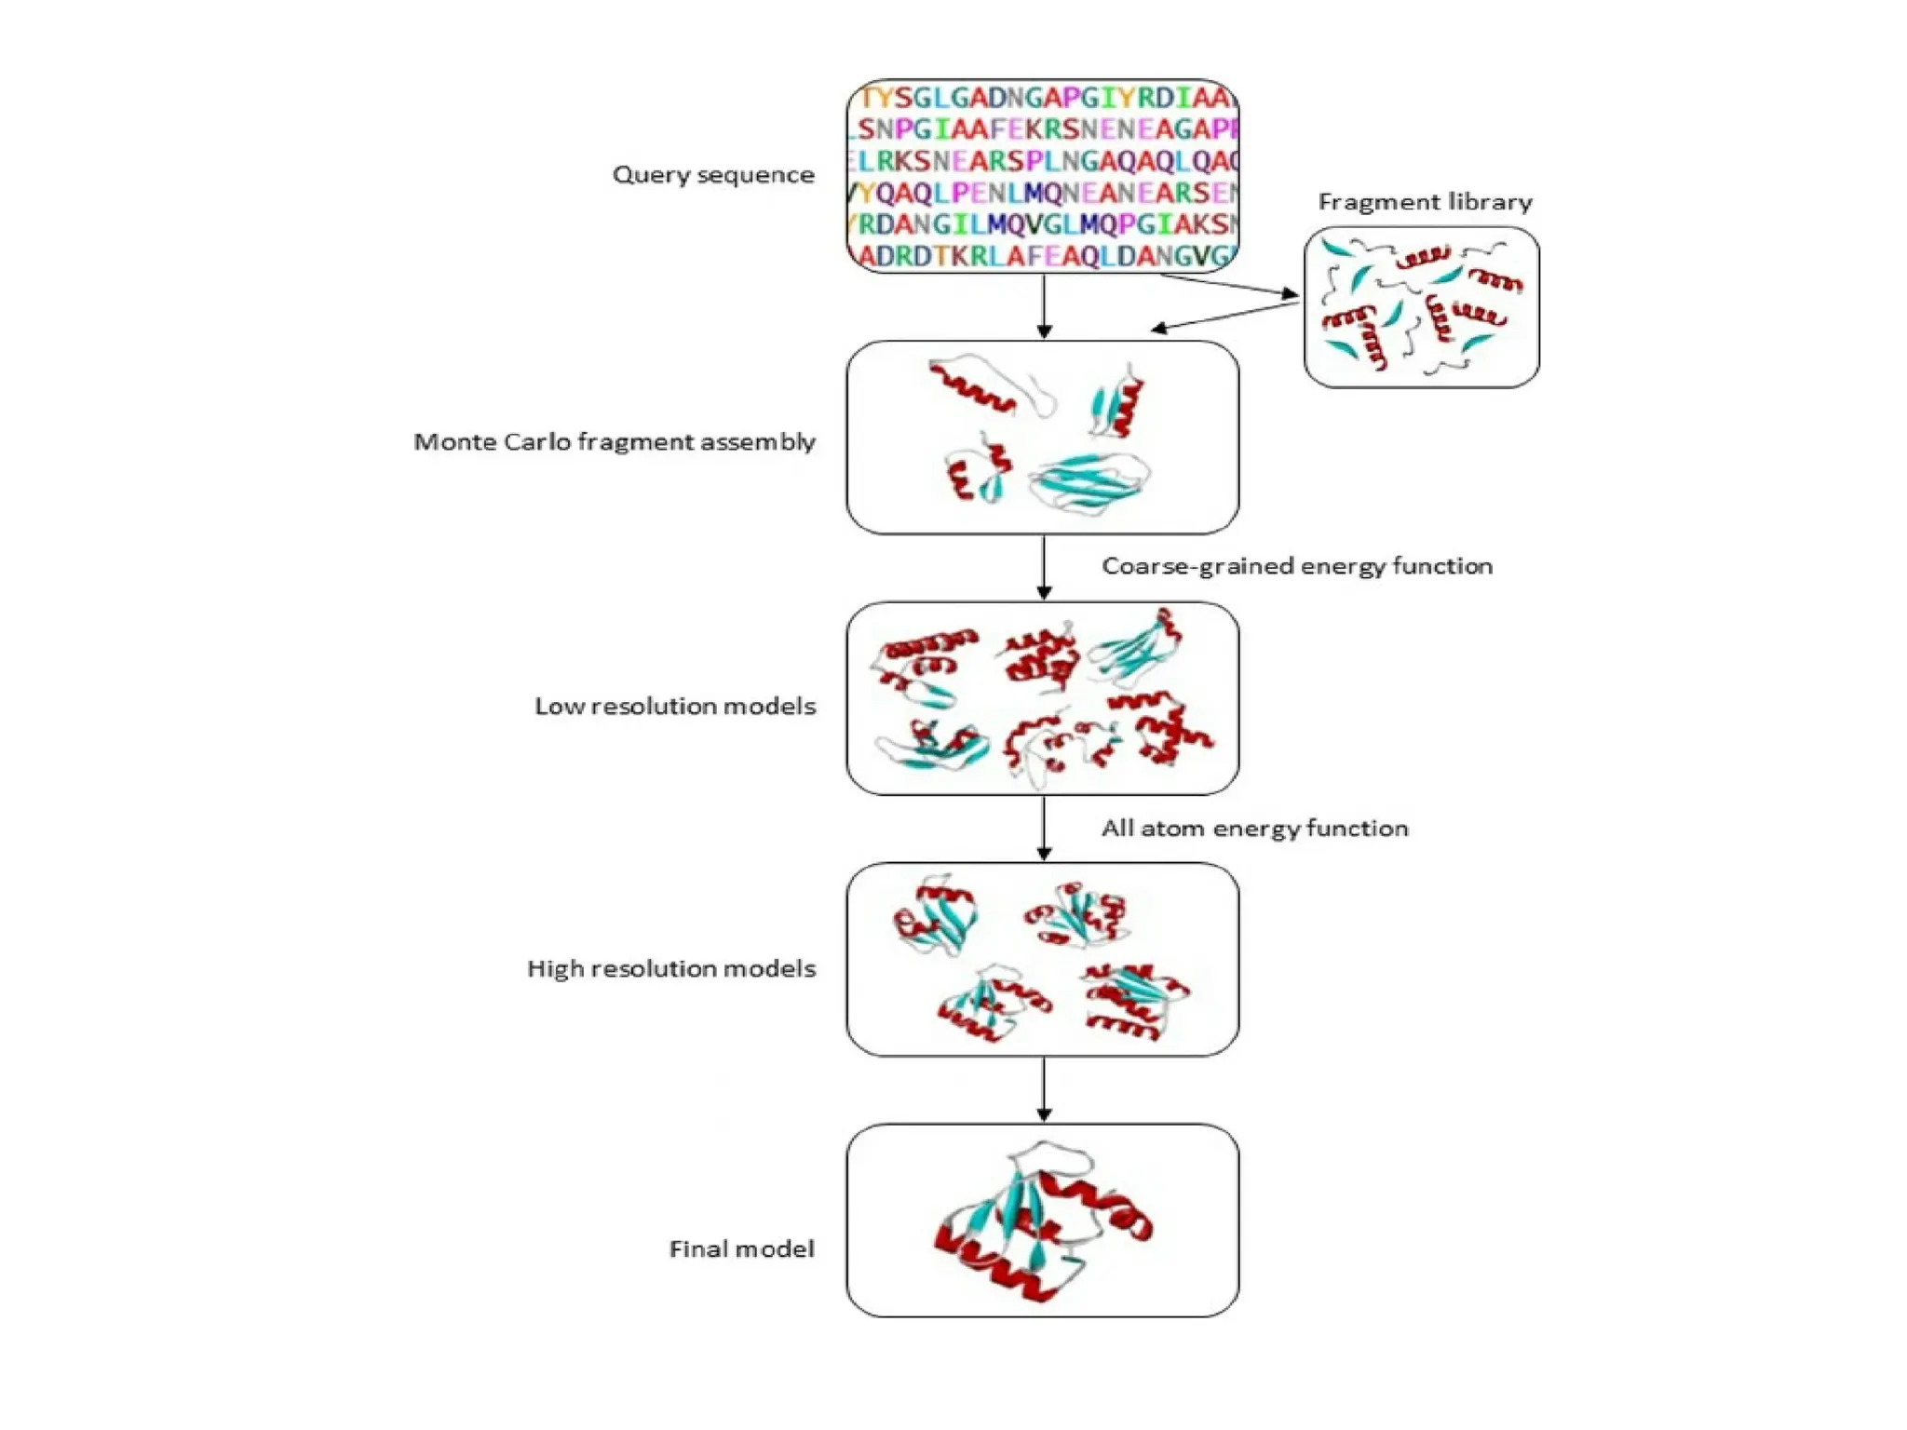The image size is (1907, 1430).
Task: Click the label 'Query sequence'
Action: coord(713,175)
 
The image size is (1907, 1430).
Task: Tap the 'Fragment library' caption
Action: coord(1425,202)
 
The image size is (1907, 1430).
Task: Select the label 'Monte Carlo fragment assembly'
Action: coord(615,441)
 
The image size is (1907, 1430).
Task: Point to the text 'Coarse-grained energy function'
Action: coord(1297,566)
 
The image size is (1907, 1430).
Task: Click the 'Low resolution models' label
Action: coord(675,706)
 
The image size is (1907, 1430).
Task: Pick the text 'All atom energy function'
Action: coord(1254,829)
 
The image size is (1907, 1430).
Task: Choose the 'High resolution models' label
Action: coord(671,968)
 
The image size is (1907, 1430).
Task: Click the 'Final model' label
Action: coord(741,1248)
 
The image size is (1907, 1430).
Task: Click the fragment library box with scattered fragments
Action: coord(1421,307)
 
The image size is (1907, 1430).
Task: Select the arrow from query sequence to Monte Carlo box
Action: coord(1044,306)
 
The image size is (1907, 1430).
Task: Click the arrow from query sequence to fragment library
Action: coord(1229,285)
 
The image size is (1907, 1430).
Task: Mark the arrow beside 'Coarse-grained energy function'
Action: coord(1044,567)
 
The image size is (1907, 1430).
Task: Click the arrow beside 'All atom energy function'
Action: coord(1044,828)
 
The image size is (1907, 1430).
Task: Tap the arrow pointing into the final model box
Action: coord(1044,1088)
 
